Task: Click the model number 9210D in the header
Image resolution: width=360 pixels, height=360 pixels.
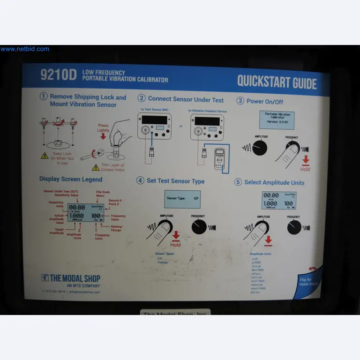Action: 59,75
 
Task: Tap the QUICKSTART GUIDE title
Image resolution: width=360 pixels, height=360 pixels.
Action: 277,82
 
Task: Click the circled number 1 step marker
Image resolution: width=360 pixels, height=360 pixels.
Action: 44,97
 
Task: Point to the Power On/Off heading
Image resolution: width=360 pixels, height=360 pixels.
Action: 264,101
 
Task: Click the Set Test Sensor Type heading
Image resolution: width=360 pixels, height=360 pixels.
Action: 176,181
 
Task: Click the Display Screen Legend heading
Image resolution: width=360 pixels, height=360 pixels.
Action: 71,179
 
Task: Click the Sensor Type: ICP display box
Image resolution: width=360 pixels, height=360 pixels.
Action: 182,199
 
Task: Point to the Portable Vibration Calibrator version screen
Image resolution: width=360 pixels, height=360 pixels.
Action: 277,120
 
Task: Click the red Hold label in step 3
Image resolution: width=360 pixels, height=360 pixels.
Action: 305,168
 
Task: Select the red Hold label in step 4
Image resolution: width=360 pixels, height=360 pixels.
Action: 176,244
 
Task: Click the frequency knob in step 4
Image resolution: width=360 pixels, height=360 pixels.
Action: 199,227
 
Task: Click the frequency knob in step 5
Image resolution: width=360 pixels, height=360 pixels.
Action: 294,227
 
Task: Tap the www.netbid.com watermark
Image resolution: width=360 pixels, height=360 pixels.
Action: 24,49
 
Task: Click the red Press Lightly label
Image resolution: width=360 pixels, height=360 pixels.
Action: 103,128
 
